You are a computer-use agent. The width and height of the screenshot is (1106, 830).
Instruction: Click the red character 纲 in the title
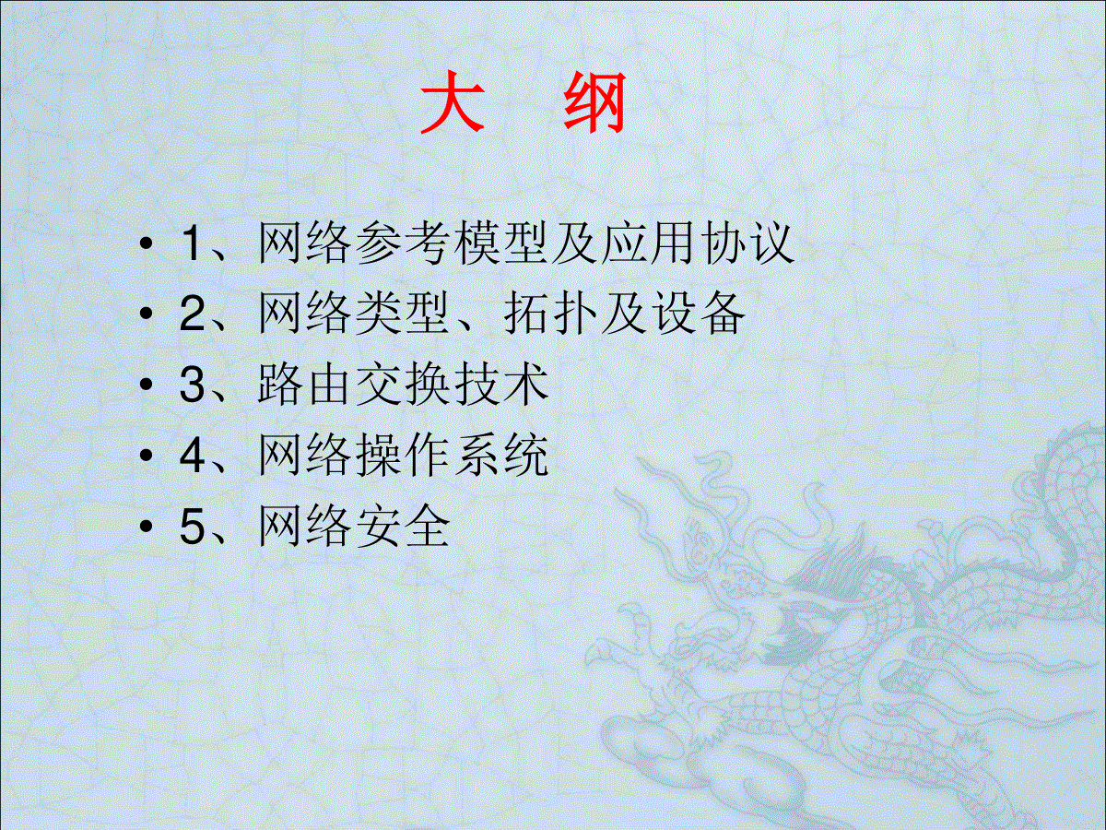(x=594, y=102)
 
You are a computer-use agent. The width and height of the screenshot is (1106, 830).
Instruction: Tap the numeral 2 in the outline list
(x=192, y=314)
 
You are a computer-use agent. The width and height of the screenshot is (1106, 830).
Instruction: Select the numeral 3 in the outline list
(x=192, y=385)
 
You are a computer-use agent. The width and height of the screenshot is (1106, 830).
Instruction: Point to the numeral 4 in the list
(x=192, y=455)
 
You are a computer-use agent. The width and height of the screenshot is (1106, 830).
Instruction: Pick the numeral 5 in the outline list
(x=192, y=527)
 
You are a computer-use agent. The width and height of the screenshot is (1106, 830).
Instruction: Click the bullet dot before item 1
(x=147, y=243)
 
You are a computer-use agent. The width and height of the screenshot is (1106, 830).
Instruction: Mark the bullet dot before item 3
(x=147, y=385)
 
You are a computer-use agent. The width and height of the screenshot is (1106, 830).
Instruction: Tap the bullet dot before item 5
(x=147, y=527)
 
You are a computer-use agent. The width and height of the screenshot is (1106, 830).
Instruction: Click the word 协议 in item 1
(x=749, y=243)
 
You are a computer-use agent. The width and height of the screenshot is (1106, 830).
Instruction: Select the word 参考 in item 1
(x=402, y=243)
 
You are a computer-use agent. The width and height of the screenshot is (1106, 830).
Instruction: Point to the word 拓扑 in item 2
(x=550, y=313)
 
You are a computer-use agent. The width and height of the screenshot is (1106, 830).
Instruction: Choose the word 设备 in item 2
(x=700, y=313)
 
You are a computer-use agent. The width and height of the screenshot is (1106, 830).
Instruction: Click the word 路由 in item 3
(x=303, y=384)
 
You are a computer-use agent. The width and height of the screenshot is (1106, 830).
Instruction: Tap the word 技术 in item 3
(x=502, y=384)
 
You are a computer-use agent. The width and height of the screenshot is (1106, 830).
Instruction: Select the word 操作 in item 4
(x=403, y=455)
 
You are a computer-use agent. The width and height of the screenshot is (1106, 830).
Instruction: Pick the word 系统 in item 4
(x=502, y=455)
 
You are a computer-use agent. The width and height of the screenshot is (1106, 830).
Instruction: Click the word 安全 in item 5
(x=403, y=526)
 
